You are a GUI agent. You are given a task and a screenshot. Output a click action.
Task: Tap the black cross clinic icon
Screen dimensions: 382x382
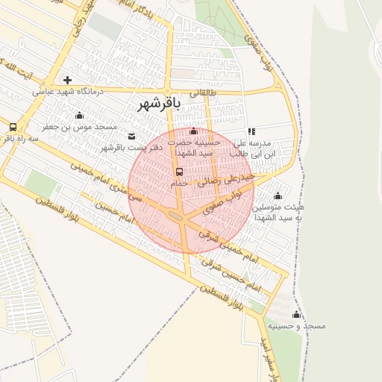[68, 80]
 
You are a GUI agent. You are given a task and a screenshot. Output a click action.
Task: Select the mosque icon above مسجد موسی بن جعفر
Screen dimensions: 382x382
[79, 115]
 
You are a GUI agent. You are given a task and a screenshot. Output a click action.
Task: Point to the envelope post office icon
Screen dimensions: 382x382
[132, 136]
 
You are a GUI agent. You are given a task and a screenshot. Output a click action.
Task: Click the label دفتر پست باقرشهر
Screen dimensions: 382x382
[122, 148]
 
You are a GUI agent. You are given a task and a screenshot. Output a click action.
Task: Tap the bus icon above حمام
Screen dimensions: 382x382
[178, 172]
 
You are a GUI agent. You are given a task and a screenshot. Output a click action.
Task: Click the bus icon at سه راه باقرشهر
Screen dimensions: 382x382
[13, 127]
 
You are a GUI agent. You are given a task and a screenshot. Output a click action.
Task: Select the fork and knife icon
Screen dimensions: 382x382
[251, 131]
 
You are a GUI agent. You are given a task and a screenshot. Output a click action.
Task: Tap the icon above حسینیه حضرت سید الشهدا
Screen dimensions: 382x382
[194, 131]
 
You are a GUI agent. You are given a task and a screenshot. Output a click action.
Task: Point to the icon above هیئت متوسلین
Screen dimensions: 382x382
[278, 195]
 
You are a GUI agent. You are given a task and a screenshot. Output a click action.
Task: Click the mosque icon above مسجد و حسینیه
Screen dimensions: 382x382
[296, 314]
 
